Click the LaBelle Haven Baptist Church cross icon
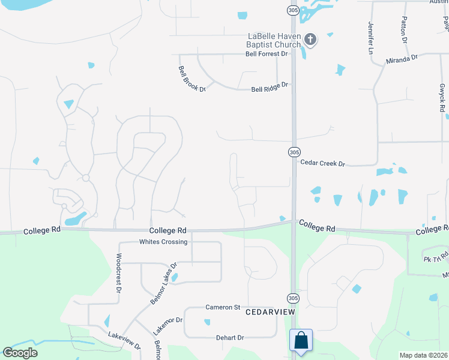tap(310, 40)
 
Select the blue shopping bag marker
tap(301, 340)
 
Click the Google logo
tap(20, 353)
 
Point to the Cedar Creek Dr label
tap(323, 163)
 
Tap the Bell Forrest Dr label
tap(267, 54)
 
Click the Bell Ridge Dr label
tap(270, 88)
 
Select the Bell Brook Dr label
tap(191, 79)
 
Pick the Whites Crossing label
tap(163, 242)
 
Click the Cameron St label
tap(223, 307)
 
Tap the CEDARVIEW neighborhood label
tap(270, 313)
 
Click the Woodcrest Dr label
tap(118, 277)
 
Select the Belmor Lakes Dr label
tap(164, 283)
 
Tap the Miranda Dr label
tap(402, 59)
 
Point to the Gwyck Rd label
tap(442, 97)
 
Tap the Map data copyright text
tap(423, 355)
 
